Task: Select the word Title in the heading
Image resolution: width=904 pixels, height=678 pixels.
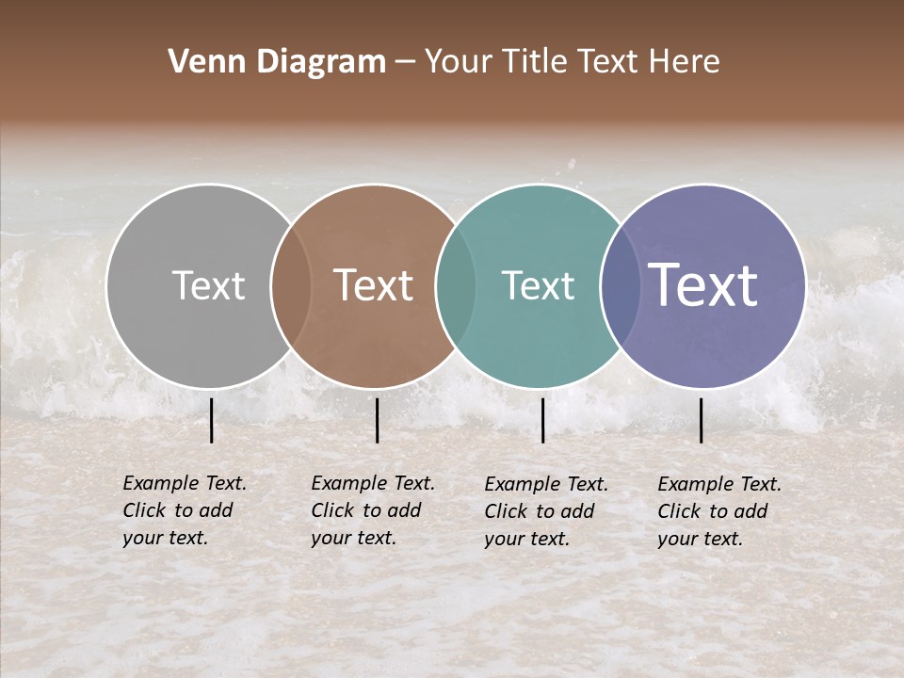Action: tap(536, 62)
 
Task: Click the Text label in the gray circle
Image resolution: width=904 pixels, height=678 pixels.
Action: tap(208, 285)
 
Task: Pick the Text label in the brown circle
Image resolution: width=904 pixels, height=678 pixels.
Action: tap(374, 285)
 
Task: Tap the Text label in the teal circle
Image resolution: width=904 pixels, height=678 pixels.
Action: tap(538, 285)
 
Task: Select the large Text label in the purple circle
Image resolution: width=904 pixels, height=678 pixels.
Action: tap(703, 285)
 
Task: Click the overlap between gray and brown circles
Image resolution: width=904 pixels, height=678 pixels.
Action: tap(291, 285)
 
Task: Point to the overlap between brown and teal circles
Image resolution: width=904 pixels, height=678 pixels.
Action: tap(456, 285)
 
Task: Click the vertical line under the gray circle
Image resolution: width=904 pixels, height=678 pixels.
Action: tap(211, 420)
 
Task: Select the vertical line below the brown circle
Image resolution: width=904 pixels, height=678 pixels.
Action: tap(377, 420)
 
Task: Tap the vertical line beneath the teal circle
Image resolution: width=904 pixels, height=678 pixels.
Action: tap(542, 420)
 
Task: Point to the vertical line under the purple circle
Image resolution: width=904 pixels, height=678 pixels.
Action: tap(702, 420)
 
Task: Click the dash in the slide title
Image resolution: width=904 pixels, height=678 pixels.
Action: tap(405, 63)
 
